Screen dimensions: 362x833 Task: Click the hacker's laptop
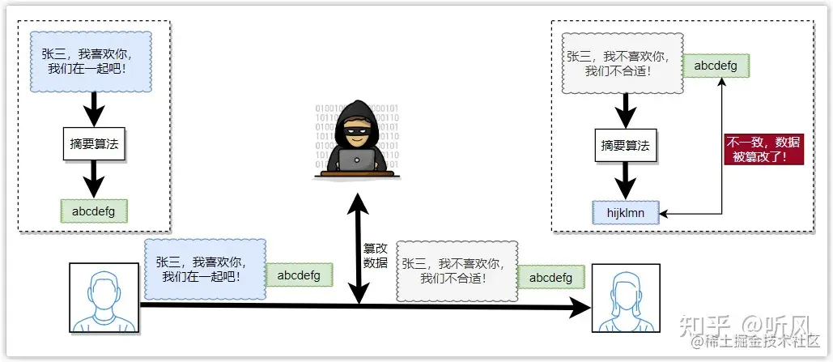[357, 160]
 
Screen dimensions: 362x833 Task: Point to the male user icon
[101, 297]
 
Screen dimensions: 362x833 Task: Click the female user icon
[626, 297]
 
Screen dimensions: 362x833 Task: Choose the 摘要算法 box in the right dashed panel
[625, 147]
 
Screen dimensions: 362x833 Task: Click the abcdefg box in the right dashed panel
[716, 66]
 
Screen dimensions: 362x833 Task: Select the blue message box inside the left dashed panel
[91, 61]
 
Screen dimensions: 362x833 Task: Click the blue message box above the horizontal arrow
[206, 269]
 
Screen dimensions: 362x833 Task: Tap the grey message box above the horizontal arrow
[457, 270]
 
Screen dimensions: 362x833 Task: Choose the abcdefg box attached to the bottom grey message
[550, 277]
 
